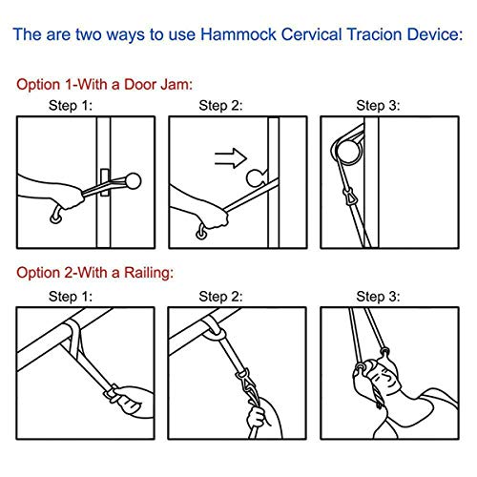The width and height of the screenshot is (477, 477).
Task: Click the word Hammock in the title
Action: click(x=238, y=34)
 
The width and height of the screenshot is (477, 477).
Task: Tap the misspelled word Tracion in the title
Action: click(x=375, y=34)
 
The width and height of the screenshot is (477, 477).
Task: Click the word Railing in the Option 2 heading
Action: click(x=149, y=273)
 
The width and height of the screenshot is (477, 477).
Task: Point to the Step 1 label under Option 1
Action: click(x=71, y=106)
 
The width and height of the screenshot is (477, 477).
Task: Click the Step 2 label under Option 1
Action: click(x=220, y=106)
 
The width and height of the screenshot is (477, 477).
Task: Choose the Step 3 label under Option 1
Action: click(x=378, y=106)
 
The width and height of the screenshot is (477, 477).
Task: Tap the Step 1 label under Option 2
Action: click(x=71, y=297)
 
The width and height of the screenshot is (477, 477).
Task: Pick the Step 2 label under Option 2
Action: click(x=220, y=297)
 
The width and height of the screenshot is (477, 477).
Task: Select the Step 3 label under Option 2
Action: click(x=378, y=297)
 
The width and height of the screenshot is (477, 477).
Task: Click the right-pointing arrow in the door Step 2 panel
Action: click(x=231, y=158)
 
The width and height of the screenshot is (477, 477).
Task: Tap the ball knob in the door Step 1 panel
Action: click(x=133, y=181)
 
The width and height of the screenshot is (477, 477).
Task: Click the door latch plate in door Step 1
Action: click(x=104, y=182)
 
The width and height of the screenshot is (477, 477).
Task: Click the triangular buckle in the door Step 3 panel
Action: click(x=348, y=195)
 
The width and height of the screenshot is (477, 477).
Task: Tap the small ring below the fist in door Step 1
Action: click(x=56, y=218)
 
